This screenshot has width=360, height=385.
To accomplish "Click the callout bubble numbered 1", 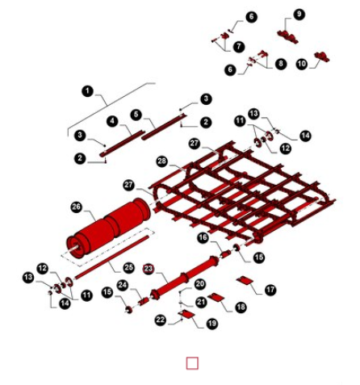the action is (x=87, y=91).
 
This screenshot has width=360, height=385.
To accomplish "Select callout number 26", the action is (x=77, y=207).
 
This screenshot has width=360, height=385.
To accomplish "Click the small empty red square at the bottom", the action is (x=192, y=363).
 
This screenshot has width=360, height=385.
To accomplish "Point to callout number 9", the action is (x=299, y=14).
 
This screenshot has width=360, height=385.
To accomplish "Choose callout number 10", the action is (x=302, y=64).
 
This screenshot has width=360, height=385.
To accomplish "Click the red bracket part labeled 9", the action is (x=288, y=37).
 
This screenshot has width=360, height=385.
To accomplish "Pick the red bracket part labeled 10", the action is (x=322, y=56).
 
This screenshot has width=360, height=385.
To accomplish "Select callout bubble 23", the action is (x=149, y=269).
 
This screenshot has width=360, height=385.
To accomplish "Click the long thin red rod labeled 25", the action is (x=111, y=257).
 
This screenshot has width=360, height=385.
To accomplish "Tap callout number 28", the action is (x=162, y=161).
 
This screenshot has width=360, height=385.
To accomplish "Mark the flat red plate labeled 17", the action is (x=245, y=281).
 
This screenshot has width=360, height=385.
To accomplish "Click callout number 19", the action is (x=212, y=323).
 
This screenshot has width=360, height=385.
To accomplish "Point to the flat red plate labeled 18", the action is (x=216, y=297).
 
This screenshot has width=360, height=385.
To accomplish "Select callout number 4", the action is (x=112, y=121).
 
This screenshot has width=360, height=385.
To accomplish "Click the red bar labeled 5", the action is (x=164, y=127).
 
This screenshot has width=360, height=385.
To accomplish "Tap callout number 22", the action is (x=161, y=320).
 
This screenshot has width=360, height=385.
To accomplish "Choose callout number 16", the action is (x=203, y=237).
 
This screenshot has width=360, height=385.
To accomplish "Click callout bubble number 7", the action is (x=239, y=47).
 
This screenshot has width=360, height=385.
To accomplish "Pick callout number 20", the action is (x=199, y=284).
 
